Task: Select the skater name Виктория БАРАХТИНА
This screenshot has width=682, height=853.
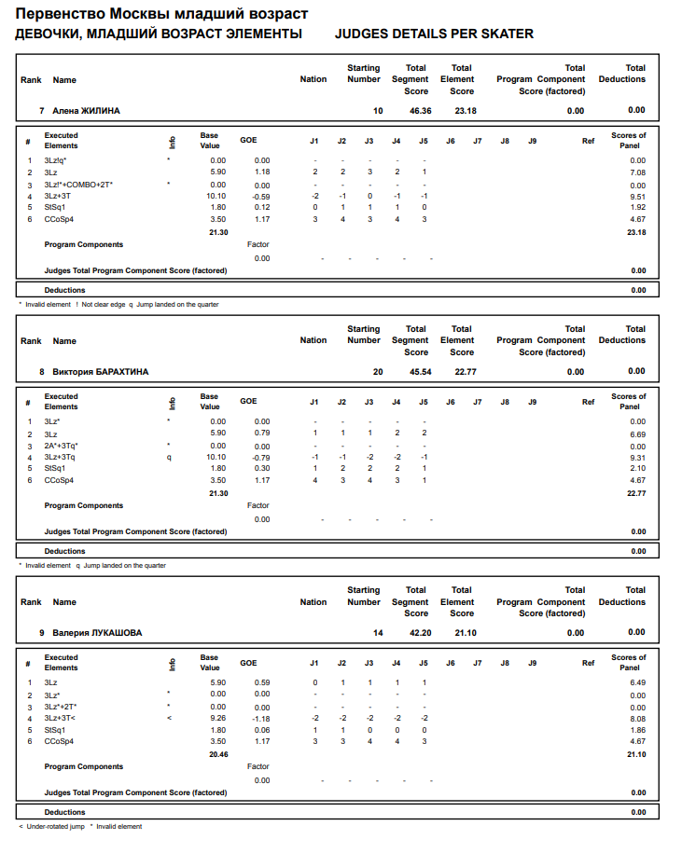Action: (x=100, y=372)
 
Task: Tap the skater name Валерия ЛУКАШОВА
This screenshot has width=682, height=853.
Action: (x=97, y=633)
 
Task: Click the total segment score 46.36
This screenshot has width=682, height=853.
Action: (x=420, y=111)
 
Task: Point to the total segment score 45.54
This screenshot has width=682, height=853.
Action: (x=420, y=372)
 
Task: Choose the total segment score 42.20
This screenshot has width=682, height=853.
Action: (x=420, y=633)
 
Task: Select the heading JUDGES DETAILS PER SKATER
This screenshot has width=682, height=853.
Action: (x=434, y=34)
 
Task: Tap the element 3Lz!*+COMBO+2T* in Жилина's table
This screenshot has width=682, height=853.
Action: (x=78, y=185)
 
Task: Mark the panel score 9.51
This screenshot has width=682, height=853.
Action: (x=637, y=197)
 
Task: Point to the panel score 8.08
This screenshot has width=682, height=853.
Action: (x=637, y=719)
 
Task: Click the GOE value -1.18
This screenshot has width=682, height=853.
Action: (x=260, y=719)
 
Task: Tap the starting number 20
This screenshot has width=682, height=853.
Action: (x=378, y=372)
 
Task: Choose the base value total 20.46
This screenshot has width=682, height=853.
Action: (x=218, y=753)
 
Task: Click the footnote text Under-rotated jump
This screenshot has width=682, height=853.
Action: (x=55, y=827)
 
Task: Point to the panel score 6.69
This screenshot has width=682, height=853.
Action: (x=637, y=433)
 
